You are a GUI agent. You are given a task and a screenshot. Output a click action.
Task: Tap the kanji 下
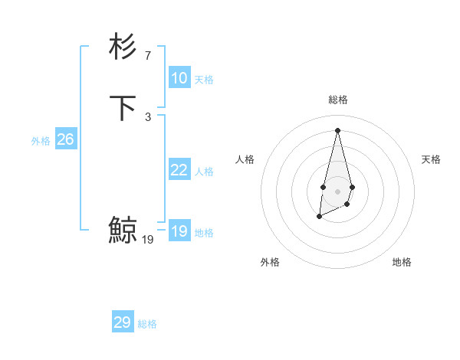pyautogui.click(x=123, y=107)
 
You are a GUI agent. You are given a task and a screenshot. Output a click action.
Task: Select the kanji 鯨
pyautogui.click(x=123, y=230)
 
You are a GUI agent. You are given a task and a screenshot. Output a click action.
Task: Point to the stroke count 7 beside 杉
pyautogui.click(x=148, y=55)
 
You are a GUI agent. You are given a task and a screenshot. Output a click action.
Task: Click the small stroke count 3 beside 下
pyautogui.click(x=148, y=116)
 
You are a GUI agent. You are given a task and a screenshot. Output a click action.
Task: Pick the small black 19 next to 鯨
pyautogui.click(x=148, y=239)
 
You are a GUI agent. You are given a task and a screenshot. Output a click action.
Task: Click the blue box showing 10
pyautogui.click(x=179, y=78)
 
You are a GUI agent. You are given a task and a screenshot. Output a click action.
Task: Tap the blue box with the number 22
pyautogui.click(x=179, y=170)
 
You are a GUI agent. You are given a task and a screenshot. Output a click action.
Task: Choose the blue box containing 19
pyautogui.click(x=179, y=231)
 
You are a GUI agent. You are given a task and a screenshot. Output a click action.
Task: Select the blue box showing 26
pyautogui.click(x=65, y=139)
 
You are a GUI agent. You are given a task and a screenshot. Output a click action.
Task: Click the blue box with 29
pyautogui.click(x=122, y=322)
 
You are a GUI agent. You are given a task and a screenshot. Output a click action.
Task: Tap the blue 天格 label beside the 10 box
pyautogui.click(x=204, y=80)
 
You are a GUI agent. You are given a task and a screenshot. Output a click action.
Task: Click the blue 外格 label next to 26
pyautogui.click(x=41, y=141)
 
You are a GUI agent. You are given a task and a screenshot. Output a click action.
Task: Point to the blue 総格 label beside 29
pyautogui.click(x=147, y=324)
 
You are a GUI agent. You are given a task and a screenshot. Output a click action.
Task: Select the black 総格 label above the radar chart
pyautogui.click(x=337, y=100)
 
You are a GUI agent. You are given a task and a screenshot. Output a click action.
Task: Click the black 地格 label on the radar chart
pyautogui.click(x=402, y=262)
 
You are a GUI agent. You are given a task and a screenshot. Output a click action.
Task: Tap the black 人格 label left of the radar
pyautogui.click(x=245, y=159)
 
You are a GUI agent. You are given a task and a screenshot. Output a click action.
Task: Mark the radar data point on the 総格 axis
pyautogui.click(x=337, y=129)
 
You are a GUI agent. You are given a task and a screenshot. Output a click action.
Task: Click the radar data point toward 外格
pyautogui.click(x=319, y=218)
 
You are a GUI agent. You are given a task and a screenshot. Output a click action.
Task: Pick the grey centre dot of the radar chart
pyautogui.click(x=337, y=191)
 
